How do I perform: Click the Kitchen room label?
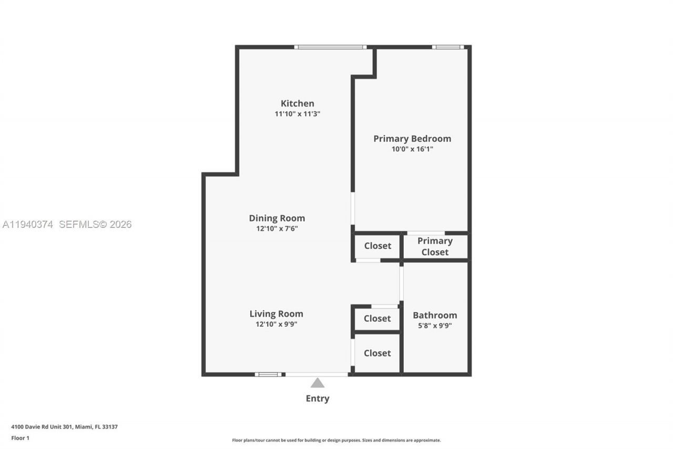(297, 103)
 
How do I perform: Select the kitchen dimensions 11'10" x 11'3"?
(297, 114)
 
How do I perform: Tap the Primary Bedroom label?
(412, 138)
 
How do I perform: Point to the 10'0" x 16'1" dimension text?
(412, 149)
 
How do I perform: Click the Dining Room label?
(277, 218)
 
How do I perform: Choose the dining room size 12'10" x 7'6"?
(277, 228)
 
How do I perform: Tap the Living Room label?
(276, 314)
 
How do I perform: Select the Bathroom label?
(435, 315)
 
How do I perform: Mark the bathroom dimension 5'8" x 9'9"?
(435, 325)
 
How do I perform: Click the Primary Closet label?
(435, 246)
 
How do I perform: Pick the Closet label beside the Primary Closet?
(378, 246)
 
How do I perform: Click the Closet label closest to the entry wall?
(378, 353)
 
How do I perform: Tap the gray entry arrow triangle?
(317, 383)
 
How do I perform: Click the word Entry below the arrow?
(317, 398)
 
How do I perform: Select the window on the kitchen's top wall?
(330, 47)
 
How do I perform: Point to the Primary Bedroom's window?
(448, 47)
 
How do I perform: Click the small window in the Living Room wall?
(268, 374)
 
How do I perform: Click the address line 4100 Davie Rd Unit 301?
(64, 427)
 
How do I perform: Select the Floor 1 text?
(20, 438)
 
